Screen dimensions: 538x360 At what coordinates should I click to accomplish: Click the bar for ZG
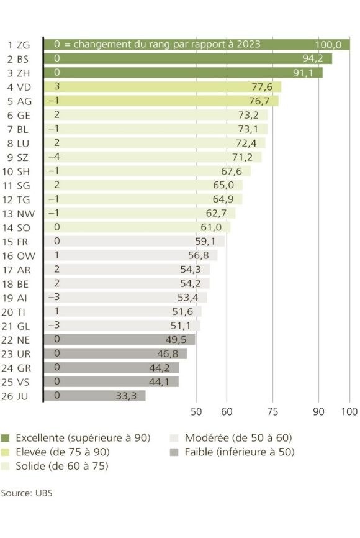(x=196, y=45)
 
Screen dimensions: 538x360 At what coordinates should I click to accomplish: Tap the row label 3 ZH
(x=22, y=73)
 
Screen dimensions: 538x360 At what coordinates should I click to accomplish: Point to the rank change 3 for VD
(x=56, y=87)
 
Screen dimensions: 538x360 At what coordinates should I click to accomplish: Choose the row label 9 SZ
(x=22, y=157)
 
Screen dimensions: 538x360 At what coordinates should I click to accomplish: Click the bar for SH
(x=147, y=171)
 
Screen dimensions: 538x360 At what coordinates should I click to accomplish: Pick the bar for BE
(x=127, y=283)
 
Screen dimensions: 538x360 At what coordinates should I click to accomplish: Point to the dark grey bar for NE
(x=119, y=339)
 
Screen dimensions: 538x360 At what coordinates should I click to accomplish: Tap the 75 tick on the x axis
(x=272, y=411)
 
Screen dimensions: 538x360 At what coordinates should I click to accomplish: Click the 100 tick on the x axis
(x=349, y=411)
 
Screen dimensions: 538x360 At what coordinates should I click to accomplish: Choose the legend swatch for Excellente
(x=6, y=438)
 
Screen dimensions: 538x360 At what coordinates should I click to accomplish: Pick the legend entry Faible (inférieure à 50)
(x=239, y=452)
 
